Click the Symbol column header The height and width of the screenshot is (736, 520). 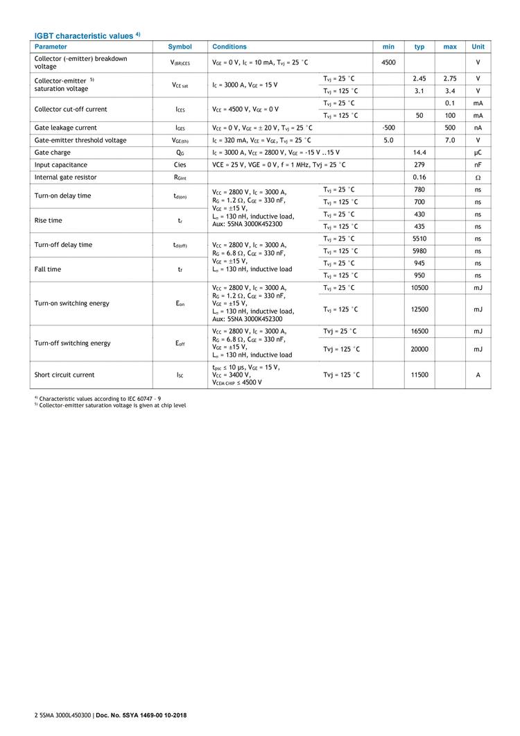(x=180, y=46)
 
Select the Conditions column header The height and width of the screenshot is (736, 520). (x=229, y=46)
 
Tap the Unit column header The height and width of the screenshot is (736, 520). (x=478, y=46)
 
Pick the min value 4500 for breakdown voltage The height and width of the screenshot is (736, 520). (x=388, y=62)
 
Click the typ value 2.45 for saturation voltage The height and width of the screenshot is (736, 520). (x=419, y=78)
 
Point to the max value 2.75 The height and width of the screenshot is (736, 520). (x=450, y=78)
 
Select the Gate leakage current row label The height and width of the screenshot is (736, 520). (x=66, y=128)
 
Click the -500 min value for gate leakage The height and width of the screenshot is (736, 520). (x=388, y=128)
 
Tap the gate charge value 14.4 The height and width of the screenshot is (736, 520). (x=419, y=152)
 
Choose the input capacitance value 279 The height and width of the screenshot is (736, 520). (x=419, y=164)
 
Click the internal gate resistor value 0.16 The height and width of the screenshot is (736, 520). (x=419, y=177)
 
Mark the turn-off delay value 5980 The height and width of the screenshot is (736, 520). (x=419, y=251)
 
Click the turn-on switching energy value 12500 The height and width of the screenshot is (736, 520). (x=419, y=309)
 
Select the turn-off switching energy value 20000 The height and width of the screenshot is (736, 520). (x=419, y=349)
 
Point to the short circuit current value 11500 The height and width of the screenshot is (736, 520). (x=419, y=375)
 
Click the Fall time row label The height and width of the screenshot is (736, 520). (x=48, y=269)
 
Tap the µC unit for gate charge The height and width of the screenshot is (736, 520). (x=478, y=152)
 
